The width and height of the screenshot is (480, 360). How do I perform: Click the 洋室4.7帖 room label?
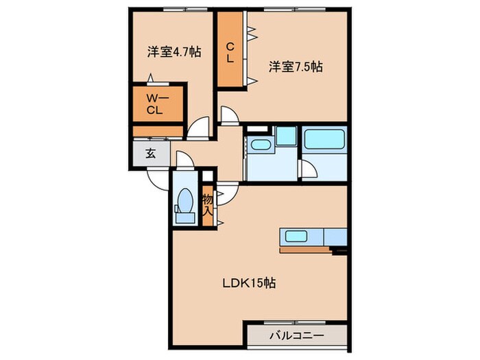pos(173,51)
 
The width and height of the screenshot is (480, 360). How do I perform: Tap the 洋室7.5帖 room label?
pos(296,67)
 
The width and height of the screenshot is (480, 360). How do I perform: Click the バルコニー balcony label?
pos(296,336)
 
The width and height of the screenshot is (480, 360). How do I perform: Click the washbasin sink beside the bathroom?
pos(260,145)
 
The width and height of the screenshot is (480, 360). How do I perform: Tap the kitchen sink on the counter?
pos(296,237)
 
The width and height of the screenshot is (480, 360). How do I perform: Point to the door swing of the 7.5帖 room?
pos(230,115)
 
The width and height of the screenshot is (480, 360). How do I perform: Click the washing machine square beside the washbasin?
pos(286,136)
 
